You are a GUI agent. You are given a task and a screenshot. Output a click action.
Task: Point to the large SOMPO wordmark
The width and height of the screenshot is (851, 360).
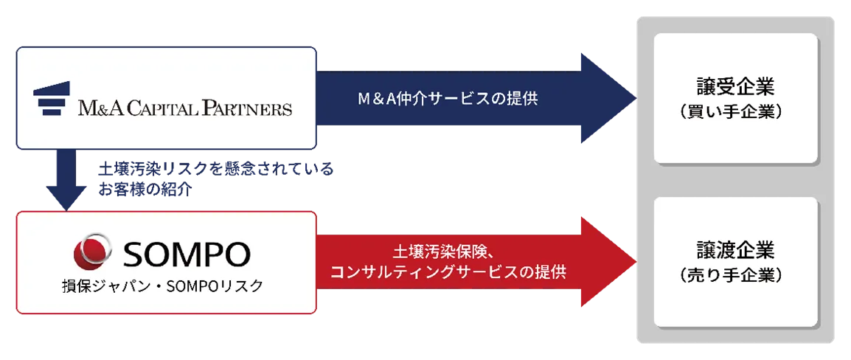187,255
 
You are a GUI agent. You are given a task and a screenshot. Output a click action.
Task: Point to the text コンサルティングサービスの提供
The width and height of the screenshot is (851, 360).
448,272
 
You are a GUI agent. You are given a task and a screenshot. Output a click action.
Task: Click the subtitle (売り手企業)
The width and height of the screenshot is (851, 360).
735,274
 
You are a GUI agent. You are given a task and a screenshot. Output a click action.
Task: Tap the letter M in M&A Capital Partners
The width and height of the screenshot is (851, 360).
88,109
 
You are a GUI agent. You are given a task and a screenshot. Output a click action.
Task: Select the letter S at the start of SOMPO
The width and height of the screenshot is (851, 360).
133,255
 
